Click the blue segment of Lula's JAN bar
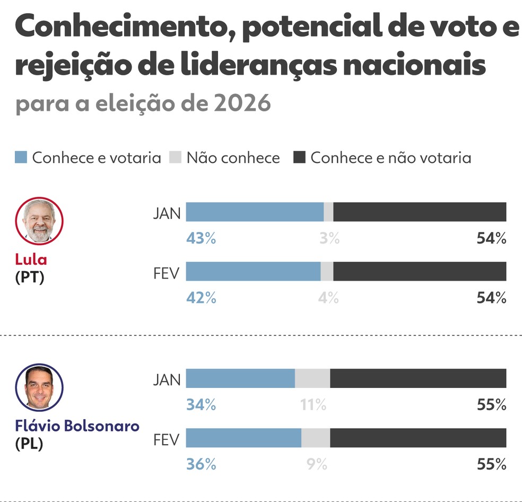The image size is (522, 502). tap(255, 212)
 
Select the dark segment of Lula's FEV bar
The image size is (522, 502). tap(420, 271)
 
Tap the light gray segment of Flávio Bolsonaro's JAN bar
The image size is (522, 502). tap(312, 378)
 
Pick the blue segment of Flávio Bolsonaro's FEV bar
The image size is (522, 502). tap(243, 438)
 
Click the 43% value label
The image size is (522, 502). tap(201, 239)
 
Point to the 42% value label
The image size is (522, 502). tap(201, 298)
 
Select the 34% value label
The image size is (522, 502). tap(201, 405)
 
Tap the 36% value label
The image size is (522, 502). tap(201, 464)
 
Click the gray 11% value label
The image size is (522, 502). tap(313, 405)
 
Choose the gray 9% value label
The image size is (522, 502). tap(317, 464)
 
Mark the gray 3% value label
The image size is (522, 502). tap(329, 239)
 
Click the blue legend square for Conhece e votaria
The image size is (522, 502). tap(21, 158)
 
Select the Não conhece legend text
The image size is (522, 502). tap(233, 158)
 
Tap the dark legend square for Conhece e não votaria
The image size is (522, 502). tap(299, 158)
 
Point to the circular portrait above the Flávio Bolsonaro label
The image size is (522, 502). tap(39, 387)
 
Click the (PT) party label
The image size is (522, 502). tap(30, 276)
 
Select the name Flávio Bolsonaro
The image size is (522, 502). tap(77, 426)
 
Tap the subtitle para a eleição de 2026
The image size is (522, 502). tap(143, 103)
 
